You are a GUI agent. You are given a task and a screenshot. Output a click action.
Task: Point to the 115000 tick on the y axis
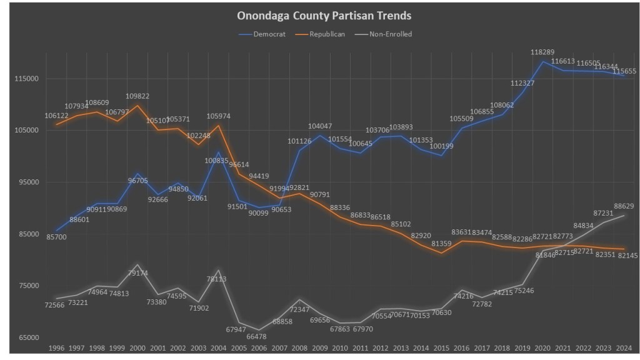[27, 79]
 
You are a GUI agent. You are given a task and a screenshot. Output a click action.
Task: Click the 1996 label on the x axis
[56, 347]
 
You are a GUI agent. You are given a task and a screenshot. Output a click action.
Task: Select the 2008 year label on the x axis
[299, 347]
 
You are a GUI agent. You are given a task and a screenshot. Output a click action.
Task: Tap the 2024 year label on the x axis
[623, 347]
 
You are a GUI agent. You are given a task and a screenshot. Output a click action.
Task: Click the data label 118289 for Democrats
[542, 52]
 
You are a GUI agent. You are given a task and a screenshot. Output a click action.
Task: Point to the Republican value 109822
[137, 96]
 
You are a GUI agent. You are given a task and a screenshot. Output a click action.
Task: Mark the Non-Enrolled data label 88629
[624, 206]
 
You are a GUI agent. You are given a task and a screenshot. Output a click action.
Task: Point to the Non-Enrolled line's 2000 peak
[137, 265]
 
